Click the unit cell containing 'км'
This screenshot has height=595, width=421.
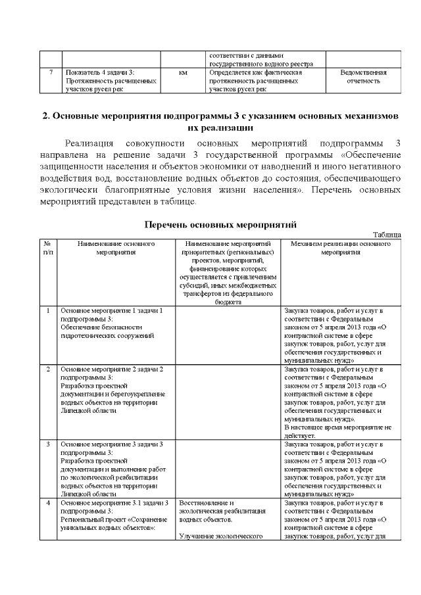(x=183, y=72)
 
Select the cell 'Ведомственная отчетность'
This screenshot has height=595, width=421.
(x=362, y=76)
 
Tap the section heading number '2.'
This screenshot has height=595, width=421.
(x=47, y=116)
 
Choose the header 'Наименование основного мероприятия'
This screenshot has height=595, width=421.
(x=116, y=247)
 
